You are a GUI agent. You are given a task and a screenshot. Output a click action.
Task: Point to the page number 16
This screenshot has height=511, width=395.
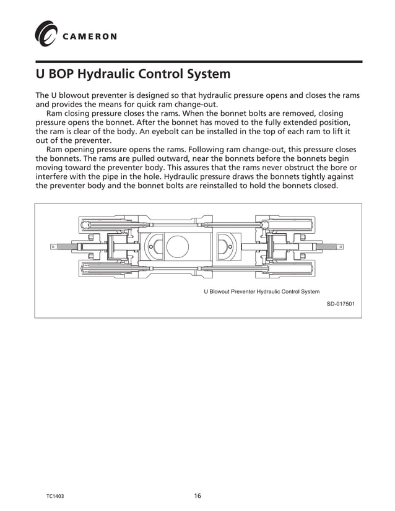[x=197, y=496]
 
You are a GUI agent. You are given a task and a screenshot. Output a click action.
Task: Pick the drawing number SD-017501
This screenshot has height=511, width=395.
[x=341, y=304]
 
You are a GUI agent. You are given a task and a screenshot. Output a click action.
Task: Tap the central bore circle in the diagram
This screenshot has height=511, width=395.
[x=178, y=246]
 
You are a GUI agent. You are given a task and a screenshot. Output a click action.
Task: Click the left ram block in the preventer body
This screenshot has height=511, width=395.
[x=152, y=246]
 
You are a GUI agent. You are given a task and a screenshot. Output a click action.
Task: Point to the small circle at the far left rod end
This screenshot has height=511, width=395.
[x=54, y=247]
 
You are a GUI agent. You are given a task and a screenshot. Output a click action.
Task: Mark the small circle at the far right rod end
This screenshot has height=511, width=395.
[x=341, y=247]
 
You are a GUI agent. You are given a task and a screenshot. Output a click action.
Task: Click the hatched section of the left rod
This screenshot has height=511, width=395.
[x=69, y=247]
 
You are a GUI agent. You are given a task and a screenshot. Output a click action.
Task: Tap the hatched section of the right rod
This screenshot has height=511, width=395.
[x=326, y=247]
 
